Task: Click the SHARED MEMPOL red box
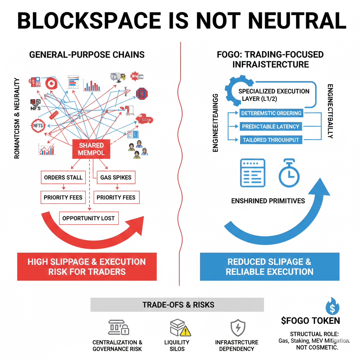click(91, 149)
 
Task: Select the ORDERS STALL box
click(63, 178)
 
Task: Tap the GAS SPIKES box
click(116, 178)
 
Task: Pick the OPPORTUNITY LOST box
click(89, 218)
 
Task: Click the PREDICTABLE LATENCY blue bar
click(270, 127)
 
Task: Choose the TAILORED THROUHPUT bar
click(270, 140)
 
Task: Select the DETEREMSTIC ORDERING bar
click(271, 113)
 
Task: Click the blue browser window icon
click(252, 173)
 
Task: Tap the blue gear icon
click(234, 92)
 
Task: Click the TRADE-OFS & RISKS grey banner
click(177, 304)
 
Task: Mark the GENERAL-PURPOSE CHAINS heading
click(87, 55)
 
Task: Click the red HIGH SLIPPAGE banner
click(87, 266)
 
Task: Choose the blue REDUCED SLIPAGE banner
click(270, 266)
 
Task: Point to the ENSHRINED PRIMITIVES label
click(268, 201)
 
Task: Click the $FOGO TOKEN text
click(310, 321)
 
